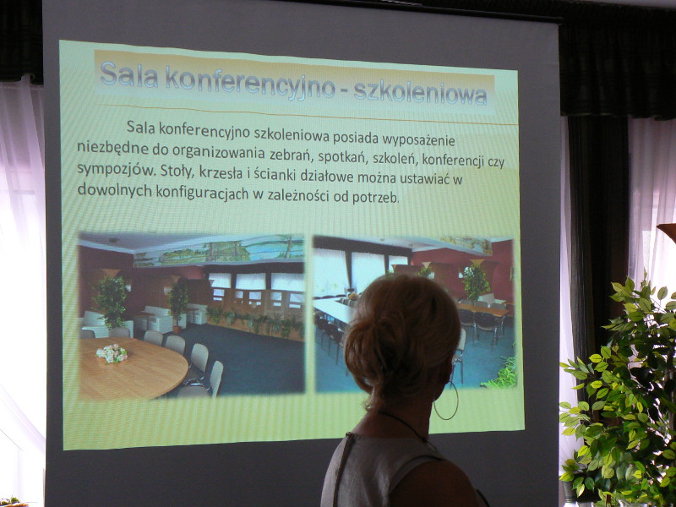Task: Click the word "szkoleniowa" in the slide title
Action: (x=420, y=92)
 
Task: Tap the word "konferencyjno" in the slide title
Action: (x=250, y=80)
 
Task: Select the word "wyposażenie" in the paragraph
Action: (x=419, y=140)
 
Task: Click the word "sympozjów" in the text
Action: (x=115, y=169)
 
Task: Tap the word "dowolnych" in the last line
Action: (x=115, y=189)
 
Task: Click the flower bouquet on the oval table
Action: (x=112, y=353)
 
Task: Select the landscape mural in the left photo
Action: (x=219, y=251)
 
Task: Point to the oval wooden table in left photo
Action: (x=133, y=368)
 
